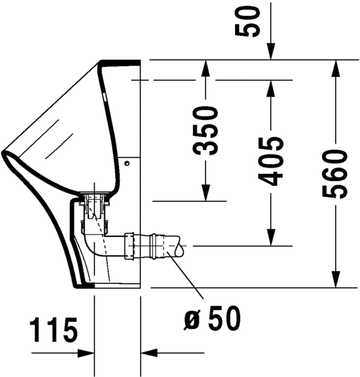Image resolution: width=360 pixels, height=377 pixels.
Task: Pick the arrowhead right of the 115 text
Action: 86,352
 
